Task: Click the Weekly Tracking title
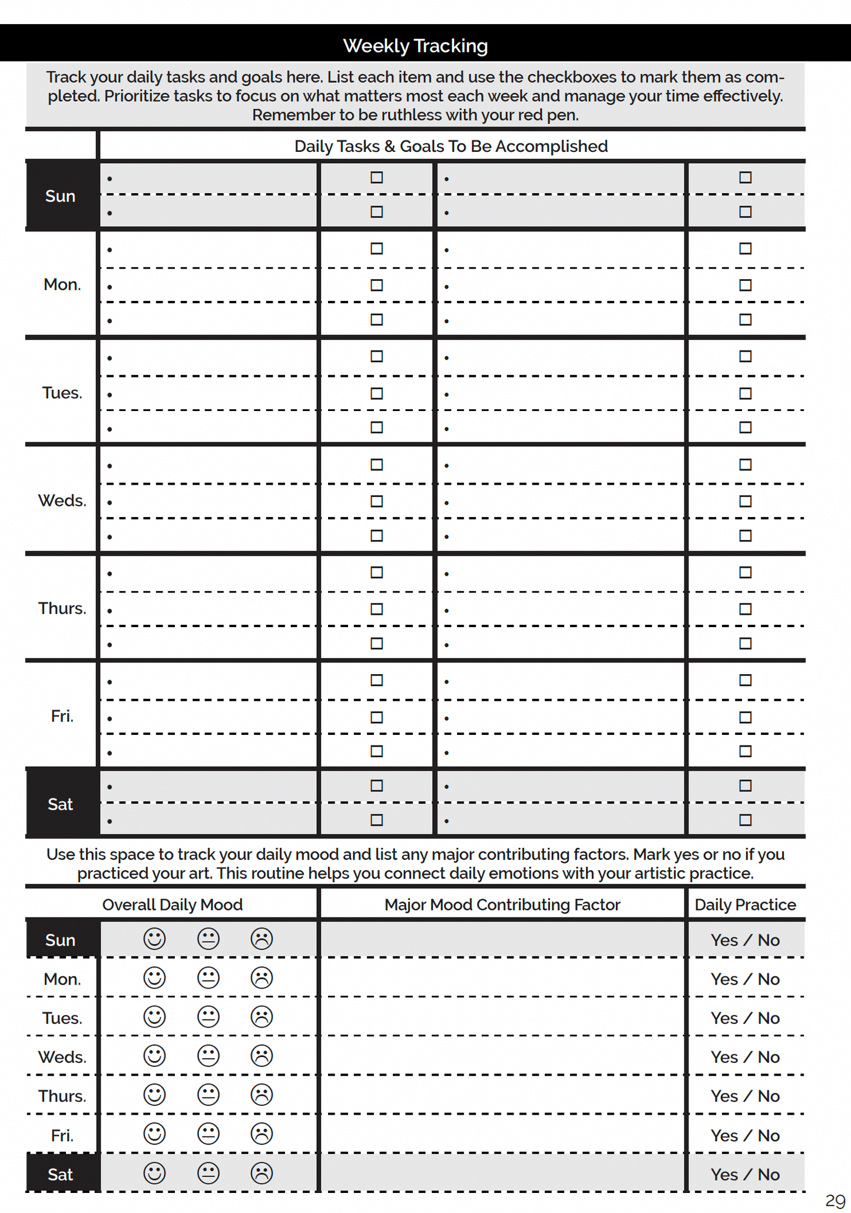click(x=415, y=45)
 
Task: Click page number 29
click(x=835, y=1200)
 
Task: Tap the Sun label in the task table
click(x=60, y=195)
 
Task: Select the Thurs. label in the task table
click(x=62, y=608)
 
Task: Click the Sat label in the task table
click(x=60, y=804)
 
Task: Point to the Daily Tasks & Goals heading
click(x=451, y=146)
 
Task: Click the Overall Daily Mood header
click(x=172, y=904)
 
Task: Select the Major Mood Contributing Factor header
click(x=502, y=904)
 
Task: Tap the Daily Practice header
click(x=745, y=904)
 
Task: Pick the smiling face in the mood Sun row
click(x=155, y=939)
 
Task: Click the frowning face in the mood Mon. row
click(x=261, y=978)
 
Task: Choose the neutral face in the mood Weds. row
click(x=208, y=1056)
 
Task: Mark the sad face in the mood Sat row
click(x=261, y=1173)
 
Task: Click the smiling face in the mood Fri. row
click(x=155, y=1134)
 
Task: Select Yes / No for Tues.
click(x=745, y=1018)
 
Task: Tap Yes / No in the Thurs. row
click(x=745, y=1096)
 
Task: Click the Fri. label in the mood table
click(x=62, y=1135)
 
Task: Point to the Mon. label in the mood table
click(x=62, y=979)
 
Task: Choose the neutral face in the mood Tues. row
click(x=208, y=1017)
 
